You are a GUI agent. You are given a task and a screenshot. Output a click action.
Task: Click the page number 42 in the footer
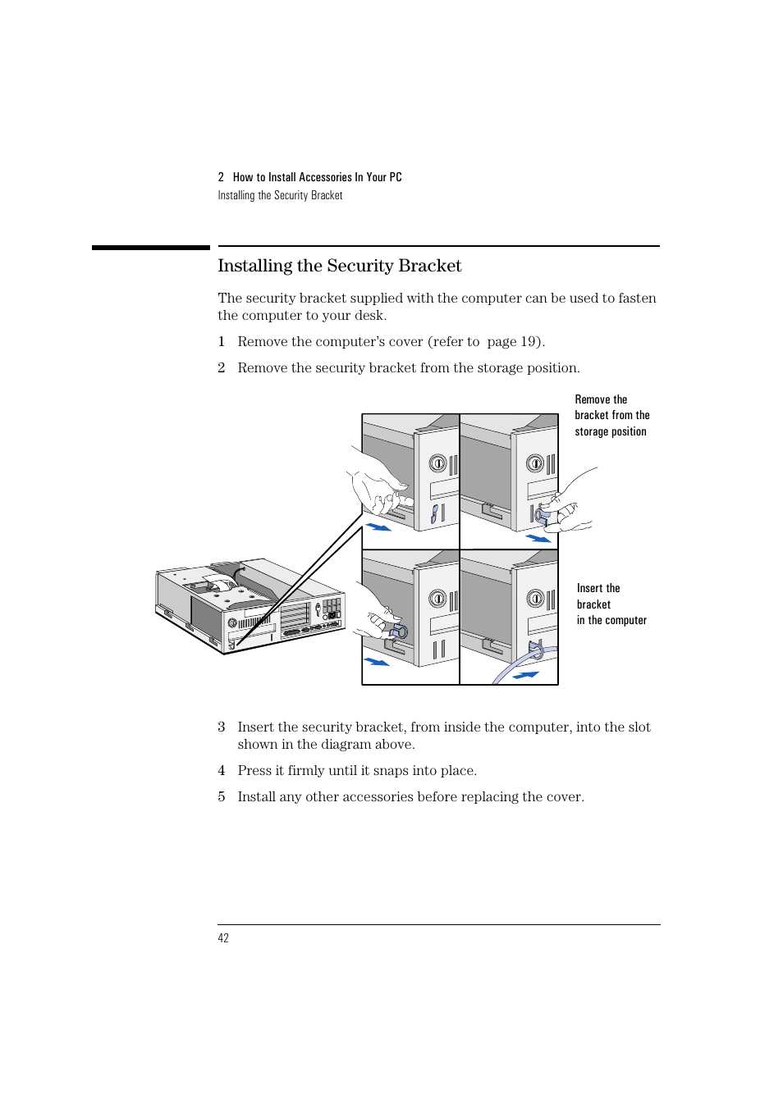(x=223, y=938)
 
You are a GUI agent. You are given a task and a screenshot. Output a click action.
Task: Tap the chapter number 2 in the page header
(x=221, y=177)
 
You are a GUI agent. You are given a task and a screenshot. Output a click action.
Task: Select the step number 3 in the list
(x=222, y=727)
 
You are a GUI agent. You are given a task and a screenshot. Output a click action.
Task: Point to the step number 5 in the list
(x=222, y=797)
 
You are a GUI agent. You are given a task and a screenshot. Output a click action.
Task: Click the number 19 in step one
(x=529, y=342)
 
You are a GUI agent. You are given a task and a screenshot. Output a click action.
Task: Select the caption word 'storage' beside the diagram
(x=591, y=432)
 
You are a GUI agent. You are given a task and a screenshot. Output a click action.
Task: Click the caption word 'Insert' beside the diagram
(x=590, y=588)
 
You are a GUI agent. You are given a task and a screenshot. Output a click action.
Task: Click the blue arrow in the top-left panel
(x=378, y=527)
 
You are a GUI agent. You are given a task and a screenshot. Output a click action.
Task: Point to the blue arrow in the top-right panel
(x=538, y=539)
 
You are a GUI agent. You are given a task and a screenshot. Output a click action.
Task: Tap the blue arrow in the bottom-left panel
(x=377, y=661)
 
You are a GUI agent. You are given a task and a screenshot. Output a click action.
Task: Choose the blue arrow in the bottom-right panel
(x=525, y=675)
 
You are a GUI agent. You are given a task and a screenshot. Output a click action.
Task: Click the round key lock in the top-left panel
(x=438, y=464)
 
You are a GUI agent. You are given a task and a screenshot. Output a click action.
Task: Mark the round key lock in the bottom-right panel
(x=535, y=599)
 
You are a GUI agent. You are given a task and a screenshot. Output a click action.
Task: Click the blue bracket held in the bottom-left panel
(x=400, y=632)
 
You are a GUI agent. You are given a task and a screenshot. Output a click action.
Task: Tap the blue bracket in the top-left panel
(x=436, y=514)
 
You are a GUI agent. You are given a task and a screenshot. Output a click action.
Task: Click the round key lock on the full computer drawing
(x=232, y=623)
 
